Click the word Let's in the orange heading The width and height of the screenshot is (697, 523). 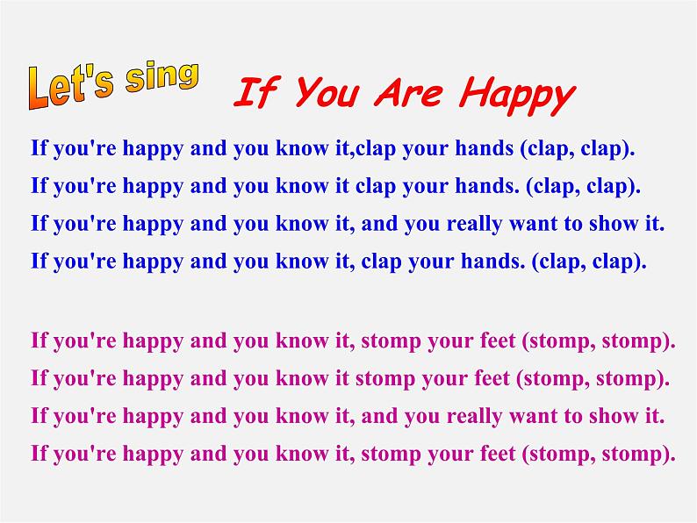71,87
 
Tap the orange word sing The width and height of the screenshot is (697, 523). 162,77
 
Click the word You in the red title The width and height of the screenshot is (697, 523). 327,92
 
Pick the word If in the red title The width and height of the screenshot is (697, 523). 257,92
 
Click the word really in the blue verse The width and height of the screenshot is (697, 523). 474,225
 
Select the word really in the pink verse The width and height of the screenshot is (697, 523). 474,417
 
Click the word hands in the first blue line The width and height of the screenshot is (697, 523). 484,148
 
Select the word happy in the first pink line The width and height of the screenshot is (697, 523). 153,342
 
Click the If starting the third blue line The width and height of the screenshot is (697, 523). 39,223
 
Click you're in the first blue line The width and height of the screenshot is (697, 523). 85,149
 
